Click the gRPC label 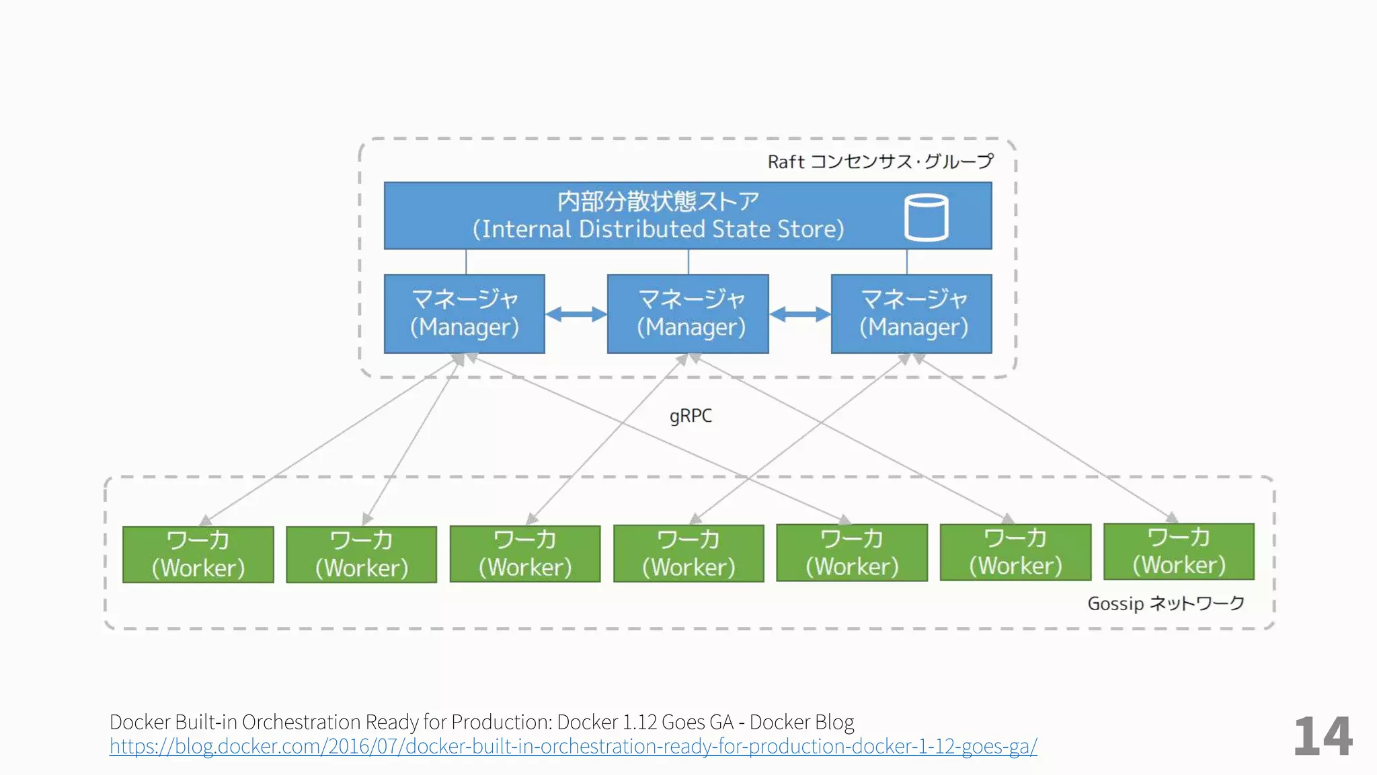pyautogui.click(x=691, y=416)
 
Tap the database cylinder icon pyautogui.click(x=927, y=217)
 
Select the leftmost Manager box pyautogui.click(x=465, y=313)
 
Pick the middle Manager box pyautogui.click(x=688, y=313)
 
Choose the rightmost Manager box pyautogui.click(x=912, y=313)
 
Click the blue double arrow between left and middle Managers pyautogui.click(x=576, y=314)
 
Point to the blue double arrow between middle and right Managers pyautogui.click(x=800, y=314)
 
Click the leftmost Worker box pyautogui.click(x=198, y=554)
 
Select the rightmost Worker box pyautogui.click(x=1179, y=552)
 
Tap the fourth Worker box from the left pyautogui.click(x=688, y=554)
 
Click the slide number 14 pyautogui.click(x=1323, y=737)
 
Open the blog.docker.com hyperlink pyautogui.click(x=573, y=746)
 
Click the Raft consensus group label pyautogui.click(x=880, y=161)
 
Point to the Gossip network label pyautogui.click(x=1166, y=603)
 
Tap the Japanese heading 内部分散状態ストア pyautogui.click(x=658, y=201)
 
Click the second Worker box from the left pyautogui.click(x=362, y=554)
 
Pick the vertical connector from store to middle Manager pyautogui.click(x=688, y=262)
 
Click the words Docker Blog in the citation pyautogui.click(x=801, y=722)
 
